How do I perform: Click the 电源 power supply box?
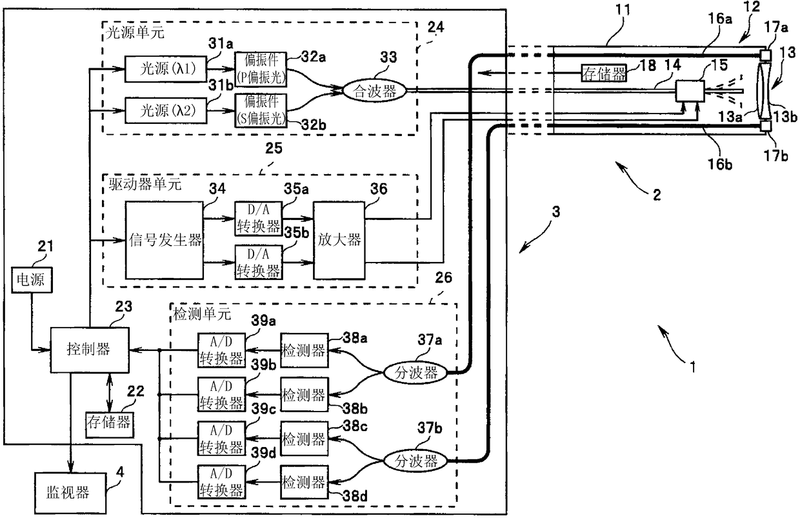[32, 280]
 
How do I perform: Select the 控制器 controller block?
[89, 350]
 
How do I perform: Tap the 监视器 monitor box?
[70, 493]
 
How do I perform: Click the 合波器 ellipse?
[375, 91]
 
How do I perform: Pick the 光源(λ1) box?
[166, 69]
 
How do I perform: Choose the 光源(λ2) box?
[166, 110]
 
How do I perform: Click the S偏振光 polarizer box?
[261, 110]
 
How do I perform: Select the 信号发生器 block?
[165, 240]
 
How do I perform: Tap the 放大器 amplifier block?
[339, 240]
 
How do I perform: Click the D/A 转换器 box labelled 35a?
[258, 219]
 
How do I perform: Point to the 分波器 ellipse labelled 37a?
[415, 373]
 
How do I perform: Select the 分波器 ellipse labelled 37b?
[415, 461]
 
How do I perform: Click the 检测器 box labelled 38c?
[305, 439]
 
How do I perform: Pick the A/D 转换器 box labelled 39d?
[221, 482]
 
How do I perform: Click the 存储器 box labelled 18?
[604, 73]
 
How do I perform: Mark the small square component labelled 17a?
[765, 55]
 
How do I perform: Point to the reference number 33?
[388, 57]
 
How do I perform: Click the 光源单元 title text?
[135, 32]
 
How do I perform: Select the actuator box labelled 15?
[690, 91]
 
